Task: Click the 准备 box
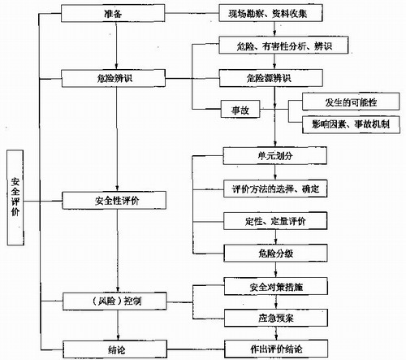[x=113, y=13]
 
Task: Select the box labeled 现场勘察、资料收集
[x=270, y=13]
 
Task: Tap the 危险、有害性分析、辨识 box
[x=283, y=46]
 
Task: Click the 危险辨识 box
[x=114, y=78]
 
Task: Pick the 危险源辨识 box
[x=271, y=78]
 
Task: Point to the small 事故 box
[x=240, y=109]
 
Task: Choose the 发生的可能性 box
[x=351, y=102]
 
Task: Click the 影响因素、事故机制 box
[x=351, y=124]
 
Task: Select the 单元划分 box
[x=275, y=156]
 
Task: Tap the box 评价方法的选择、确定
[x=275, y=189]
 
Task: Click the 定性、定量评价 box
[x=275, y=221]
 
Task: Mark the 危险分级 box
[x=275, y=254]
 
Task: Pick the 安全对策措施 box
[x=276, y=286]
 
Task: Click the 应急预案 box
[x=276, y=318]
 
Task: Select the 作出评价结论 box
[x=276, y=349]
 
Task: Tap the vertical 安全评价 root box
[x=15, y=197]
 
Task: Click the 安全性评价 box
[x=114, y=201]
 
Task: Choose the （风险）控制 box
[x=114, y=301]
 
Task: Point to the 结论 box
[x=115, y=349]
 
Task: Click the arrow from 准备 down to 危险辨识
[x=116, y=46]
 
